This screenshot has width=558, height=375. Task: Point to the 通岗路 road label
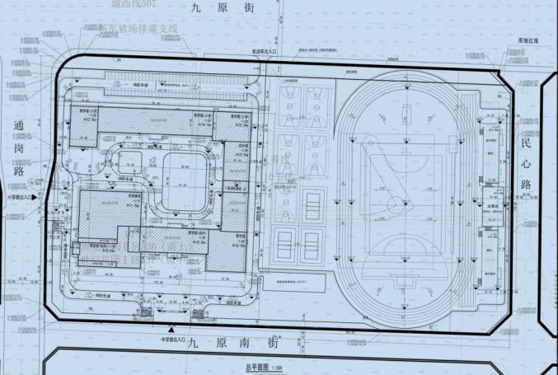point(19,150)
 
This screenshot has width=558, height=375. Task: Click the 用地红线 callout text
point(527,40)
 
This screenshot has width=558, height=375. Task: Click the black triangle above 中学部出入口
point(171,329)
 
